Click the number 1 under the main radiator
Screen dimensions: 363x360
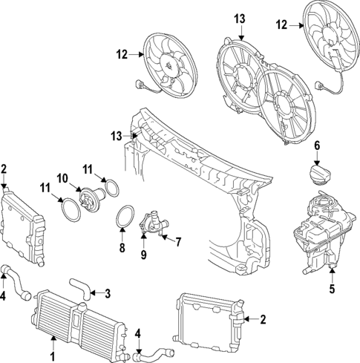[53, 344]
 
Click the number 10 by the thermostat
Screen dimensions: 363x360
[62, 178]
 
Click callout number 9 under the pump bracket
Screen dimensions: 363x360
[144, 255]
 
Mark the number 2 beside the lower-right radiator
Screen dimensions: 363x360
[263, 320]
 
